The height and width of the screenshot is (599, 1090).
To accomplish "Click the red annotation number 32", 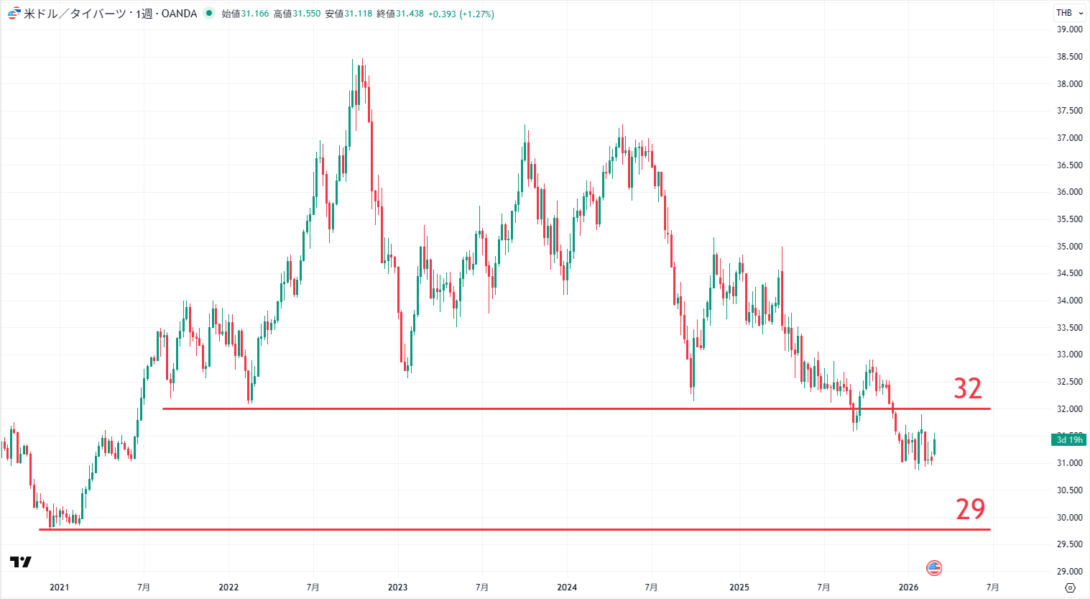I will pos(967,389).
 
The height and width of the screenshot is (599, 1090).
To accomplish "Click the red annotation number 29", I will pos(970,509).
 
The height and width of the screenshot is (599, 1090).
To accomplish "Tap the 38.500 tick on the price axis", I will pos(1069,57).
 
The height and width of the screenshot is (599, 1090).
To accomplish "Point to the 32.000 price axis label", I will pos(1069,409).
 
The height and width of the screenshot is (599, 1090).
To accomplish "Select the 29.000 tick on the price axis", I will pos(1069,572).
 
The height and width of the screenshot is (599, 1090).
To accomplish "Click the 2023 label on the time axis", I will pos(397,587).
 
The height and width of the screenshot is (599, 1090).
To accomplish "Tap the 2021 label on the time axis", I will pos(59,587).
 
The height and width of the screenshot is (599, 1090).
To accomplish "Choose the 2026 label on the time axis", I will pos(908,587).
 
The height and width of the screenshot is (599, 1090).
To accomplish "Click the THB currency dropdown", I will pos(1069,13).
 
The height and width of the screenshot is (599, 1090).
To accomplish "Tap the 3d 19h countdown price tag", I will pos(1069,440).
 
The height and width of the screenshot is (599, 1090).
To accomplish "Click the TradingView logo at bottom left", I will pos(21,562).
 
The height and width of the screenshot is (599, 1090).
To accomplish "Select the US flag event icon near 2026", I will pos(934,568).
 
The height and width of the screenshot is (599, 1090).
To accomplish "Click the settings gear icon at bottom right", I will pos(1070,587).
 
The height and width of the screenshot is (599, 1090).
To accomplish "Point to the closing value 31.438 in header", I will pos(410,14).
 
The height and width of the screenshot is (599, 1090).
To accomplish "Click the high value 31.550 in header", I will pos(306,14).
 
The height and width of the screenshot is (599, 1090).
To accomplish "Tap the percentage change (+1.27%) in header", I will pos(477,14).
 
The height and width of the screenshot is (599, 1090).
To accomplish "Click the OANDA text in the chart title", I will pos(179,14).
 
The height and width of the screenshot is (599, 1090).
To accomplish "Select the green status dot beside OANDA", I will pos(209,13).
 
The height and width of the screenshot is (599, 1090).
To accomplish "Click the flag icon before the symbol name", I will pos(13,14).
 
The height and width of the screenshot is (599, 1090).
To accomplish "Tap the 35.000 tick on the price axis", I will pos(1069,247).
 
